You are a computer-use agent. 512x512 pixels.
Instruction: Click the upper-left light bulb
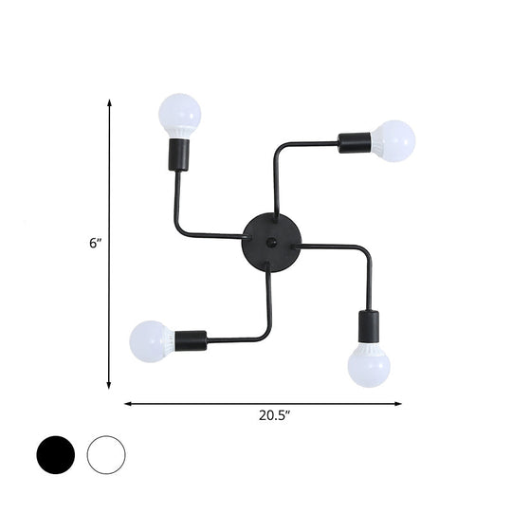point(180,115)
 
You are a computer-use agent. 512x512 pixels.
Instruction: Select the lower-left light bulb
point(152,340)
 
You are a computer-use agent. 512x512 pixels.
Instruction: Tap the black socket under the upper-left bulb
point(177,155)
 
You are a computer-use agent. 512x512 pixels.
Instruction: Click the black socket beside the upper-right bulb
point(354,143)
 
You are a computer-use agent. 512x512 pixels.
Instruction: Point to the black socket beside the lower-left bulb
point(191,338)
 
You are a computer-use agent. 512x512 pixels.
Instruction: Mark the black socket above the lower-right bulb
point(366,325)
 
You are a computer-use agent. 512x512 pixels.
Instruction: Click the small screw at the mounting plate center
point(270,244)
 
